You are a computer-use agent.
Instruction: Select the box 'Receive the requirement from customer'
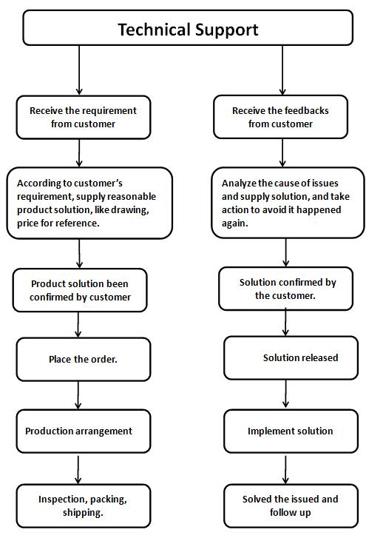[84, 118]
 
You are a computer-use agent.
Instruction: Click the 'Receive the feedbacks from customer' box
[280, 117]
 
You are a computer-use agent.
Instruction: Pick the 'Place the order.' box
[84, 359]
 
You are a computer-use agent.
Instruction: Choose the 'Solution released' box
[291, 358]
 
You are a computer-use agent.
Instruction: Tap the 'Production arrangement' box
[84, 431]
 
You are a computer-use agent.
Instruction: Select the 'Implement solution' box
[291, 431]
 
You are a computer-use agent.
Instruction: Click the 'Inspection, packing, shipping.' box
[84, 505]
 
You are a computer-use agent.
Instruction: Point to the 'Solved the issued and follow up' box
[291, 505]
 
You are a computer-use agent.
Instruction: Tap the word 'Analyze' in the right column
[239, 184]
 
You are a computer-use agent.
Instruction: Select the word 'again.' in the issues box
[234, 223]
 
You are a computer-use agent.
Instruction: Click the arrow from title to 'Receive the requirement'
[79, 70]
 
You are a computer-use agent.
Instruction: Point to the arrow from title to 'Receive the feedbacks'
[282, 70]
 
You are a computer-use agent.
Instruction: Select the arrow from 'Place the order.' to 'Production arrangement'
[78, 395]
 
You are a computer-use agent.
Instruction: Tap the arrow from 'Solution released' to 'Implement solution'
[285, 394]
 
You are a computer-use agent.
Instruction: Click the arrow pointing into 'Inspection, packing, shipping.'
[78, 470]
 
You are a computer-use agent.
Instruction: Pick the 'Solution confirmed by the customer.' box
[285, 289]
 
